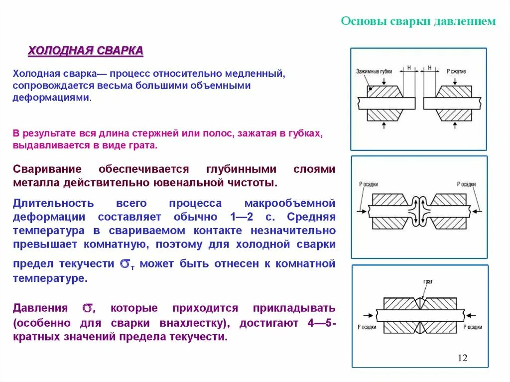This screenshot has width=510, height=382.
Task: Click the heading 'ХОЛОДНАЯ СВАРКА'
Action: (85, 51)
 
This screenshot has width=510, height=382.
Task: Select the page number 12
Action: (462, 358)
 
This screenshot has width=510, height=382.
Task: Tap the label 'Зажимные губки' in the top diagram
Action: (374, 72)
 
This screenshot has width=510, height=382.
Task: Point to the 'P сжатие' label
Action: (456, 72)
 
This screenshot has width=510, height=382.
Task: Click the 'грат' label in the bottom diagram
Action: (428, 282)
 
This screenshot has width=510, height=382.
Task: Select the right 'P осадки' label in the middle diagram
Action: (467, 184)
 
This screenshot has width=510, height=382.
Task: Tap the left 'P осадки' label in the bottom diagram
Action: (368, 327)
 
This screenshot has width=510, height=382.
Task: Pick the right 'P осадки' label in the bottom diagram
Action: (473, 327)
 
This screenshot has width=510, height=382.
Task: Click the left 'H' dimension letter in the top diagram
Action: (408, 68)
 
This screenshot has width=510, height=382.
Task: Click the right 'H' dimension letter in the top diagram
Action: (428, 68)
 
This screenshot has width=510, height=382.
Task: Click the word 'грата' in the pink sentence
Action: (144, 145)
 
